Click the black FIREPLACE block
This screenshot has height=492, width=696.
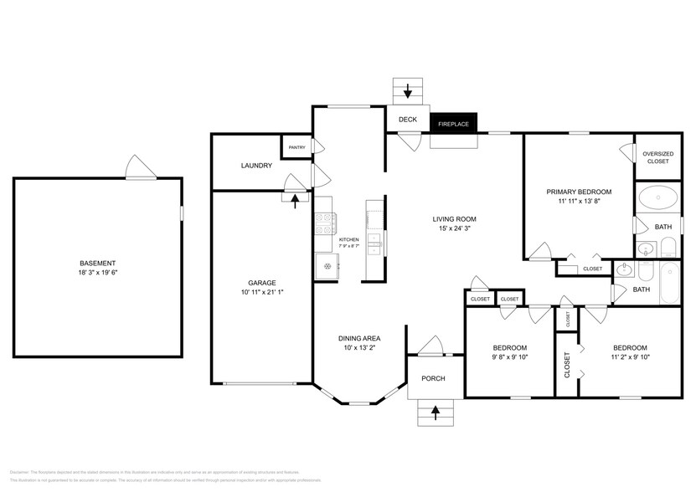click(453, 123)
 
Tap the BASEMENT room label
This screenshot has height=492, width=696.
click(98, 263)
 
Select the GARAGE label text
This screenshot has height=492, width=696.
click(261, 283)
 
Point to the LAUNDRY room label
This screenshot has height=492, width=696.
click(256, 166)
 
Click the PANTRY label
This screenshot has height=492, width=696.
click(296, 147)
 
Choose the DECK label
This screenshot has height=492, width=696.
click(408, 120)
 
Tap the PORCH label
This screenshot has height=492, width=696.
click(433, 378)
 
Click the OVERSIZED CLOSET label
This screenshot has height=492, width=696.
click(657, 157)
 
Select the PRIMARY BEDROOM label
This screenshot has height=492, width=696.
click(579, 192)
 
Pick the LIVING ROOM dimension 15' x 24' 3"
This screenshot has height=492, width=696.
click(454, 229)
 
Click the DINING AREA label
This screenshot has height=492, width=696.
click(359, 338)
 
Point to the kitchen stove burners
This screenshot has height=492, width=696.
click(325, 223)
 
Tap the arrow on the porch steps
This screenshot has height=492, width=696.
click(435, 410)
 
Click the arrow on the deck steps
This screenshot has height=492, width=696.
click(408, 90)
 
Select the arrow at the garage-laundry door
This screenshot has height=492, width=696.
click(295, 198)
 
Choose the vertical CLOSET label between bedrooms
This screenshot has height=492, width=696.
click(567, 365)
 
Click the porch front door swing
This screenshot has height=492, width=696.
click(431, 346)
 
